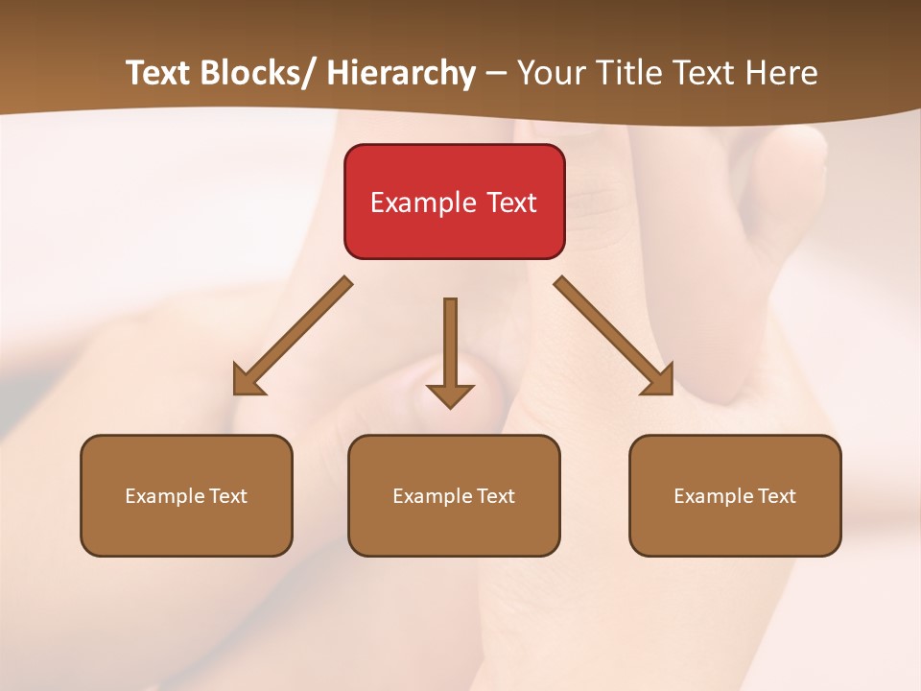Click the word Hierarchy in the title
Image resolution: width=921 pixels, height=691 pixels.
click(401, 73)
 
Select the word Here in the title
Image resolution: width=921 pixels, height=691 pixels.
click(782, 73)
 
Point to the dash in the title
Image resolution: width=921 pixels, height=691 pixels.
click(496, 73)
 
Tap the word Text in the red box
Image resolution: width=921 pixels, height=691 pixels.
click(510, 203)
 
